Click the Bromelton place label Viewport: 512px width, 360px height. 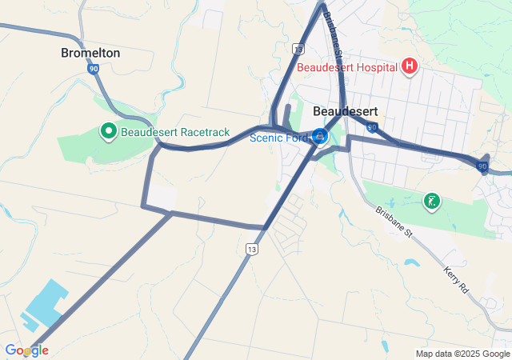tap(90, 53)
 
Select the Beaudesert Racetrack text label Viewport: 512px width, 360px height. tap(175, 132)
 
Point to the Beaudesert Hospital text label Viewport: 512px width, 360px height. tap(347, 67)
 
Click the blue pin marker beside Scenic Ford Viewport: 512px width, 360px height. tap(320, 137)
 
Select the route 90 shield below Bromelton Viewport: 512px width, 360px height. tap(94, 70)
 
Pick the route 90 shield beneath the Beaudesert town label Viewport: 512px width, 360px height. tap(372, 127)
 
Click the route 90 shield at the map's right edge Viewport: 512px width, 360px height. tap(482, 166)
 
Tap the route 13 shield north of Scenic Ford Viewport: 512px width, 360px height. tap(298, 50)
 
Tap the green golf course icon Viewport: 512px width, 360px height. tap(432, 201)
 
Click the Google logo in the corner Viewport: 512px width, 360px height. tap(26, 350)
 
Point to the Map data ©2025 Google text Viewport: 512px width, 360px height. tap(462, 354)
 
